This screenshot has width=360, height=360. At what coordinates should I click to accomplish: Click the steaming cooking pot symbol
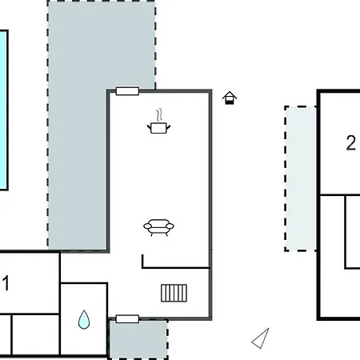pyautogui.click(x=158, y=122)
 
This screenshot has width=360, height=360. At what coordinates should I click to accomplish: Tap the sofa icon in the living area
pyautogui.click(x=158, y=227)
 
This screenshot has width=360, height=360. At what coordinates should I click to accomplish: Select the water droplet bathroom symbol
pyautogui.click(x=84, y=319)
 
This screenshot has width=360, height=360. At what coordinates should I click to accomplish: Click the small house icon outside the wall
pyautogui.click(x=230, y=98)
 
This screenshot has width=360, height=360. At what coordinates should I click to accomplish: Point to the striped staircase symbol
pyautogui.click(x=174, y=293)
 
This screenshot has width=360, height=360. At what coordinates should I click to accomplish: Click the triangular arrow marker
pyautogui.click(x=260, y=338)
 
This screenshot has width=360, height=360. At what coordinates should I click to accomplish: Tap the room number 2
pyautogui.click(x=351, y=143)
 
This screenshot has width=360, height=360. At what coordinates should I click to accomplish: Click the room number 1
pyautogui.click(x=6, y=283)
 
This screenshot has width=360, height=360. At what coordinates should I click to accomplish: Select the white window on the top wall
pyautogui.click(x=127, y=91)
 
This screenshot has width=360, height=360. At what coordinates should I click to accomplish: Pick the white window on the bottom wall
pyautogui.click(x=127, y=319)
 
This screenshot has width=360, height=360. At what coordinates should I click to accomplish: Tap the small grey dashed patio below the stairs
pyautogui.click(x=138, y=339)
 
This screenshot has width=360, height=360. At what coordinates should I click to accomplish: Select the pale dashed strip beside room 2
pyautogui.click(x=301, y=178)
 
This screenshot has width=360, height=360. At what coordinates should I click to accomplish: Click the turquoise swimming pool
pyautogui.click(x=3, y=110)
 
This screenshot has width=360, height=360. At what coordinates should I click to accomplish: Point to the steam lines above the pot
pyautogui.click(x=159, y=115)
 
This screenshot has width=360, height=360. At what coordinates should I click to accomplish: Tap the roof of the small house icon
pyautogui.click(x=230, y=95)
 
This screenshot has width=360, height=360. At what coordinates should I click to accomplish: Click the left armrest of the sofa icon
pyautogui.click(x=147, y=226)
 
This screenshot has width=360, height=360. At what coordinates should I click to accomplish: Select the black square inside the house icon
pyautogui.click(x=229, y=102)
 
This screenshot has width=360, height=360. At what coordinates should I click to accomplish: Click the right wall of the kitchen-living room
pyautogui.click(x=210, y=205)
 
